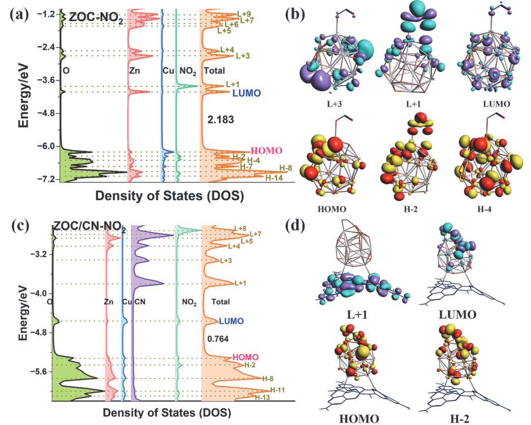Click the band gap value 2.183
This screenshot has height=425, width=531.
click(221, 120)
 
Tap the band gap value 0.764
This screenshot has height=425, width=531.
click(218, 339)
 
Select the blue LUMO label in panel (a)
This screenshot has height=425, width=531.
click(246, 93)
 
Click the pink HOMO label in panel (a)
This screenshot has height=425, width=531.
click(266, 151)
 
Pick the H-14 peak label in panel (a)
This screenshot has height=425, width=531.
click(274, 178)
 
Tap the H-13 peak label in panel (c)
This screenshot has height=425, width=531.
click(262, 397)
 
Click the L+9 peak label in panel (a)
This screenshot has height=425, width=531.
click(244, 14)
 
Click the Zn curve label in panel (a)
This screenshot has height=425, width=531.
click(134, 71)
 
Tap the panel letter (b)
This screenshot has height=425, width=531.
click(295, 14)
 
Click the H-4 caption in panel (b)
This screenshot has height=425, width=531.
click(484, 209)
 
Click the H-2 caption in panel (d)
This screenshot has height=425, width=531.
click(460, 419)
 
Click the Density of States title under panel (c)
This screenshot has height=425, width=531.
click(167, 413)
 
